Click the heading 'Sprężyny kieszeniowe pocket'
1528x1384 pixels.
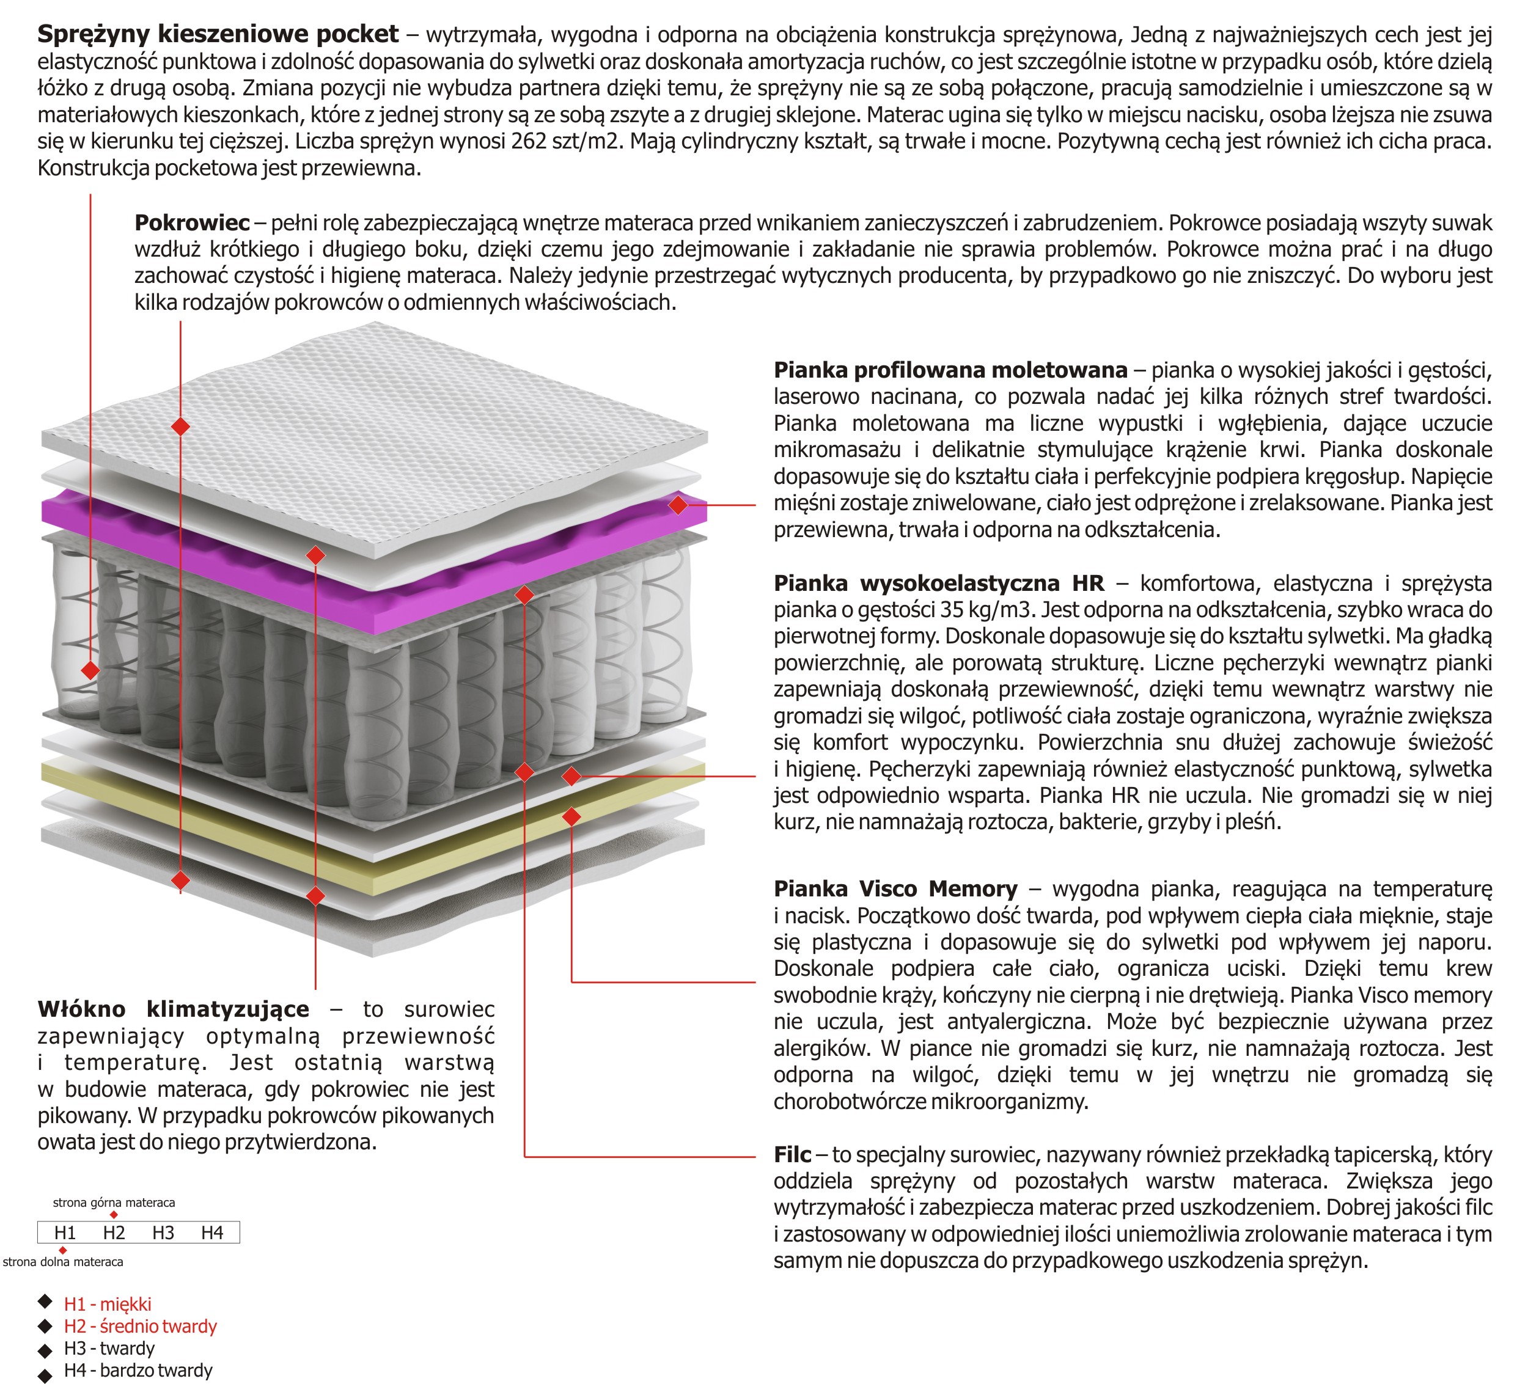(x=218, y=34)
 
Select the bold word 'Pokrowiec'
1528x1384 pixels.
(x=192, y=223)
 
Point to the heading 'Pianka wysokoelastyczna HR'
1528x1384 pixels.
(x=938, y=583)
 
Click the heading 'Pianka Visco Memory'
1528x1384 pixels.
(x=895, y=888)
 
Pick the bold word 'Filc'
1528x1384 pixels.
(x=792, y=1154)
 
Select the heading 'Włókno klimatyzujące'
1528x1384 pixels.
(x=174, y=1009)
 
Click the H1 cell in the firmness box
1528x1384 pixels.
(x=65, y=1233)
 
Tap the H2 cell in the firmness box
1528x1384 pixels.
(x=114, y=1233)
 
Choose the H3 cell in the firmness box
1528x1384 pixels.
(x=163, y=1233)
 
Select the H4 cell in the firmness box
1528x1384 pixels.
(x=212, y=1233)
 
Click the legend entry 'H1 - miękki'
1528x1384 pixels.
(x=107, y=1304)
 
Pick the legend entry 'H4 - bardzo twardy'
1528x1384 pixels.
(x=138, y=1371)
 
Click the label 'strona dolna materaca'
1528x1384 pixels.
(x=63, y=1262)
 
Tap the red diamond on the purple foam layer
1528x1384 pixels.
(x=678, y=504)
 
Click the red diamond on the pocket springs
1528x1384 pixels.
(x=90, y=670)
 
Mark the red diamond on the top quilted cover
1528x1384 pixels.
(x=180, y=426)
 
